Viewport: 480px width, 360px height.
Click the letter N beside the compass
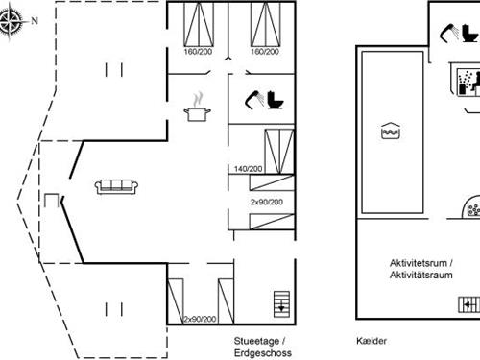[36, 19]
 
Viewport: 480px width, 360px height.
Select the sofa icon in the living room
[117, 185]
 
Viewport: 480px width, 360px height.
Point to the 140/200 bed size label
[248, 169]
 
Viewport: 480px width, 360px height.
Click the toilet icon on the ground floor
[276, 99]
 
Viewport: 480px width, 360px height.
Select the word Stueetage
[257, 341]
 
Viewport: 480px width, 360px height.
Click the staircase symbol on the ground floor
[280, 303]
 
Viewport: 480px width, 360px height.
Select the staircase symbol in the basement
[468, 303]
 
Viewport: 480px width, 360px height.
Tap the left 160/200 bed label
[198, 52]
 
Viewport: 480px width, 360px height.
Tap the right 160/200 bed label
[264, 52]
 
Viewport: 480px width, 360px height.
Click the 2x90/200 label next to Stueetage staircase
[200, 318]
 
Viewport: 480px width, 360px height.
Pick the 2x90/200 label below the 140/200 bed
[267, 203]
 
